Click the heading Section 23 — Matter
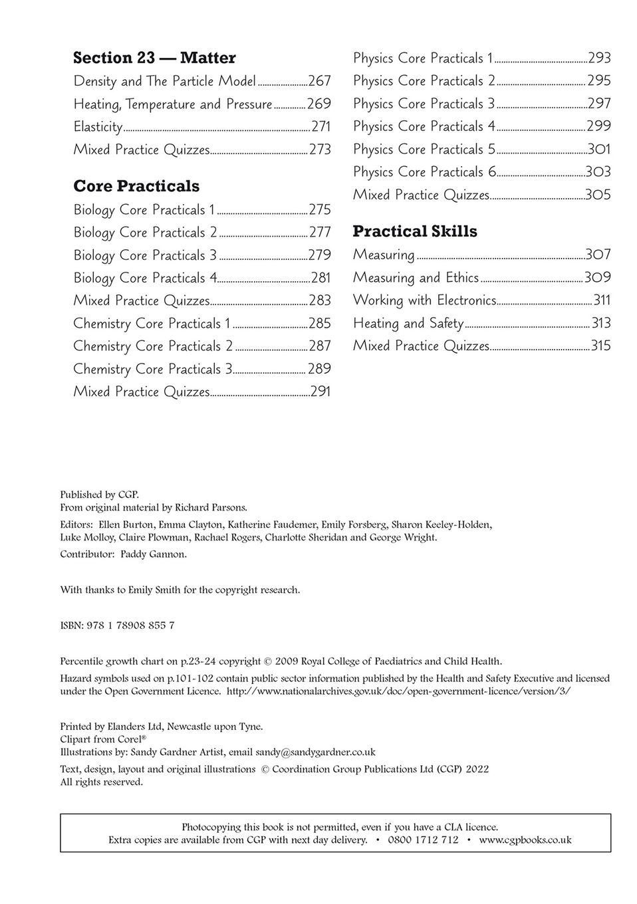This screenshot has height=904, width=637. (x=154, y=58)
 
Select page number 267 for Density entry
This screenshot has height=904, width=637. (x=319, y=81)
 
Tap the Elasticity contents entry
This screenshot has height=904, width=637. (x=98, y=126)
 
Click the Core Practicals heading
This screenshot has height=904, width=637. (x=136, y=186)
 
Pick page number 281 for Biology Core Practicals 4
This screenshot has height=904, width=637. (x=320, y=278)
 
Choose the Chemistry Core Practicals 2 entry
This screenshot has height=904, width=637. (x=153, y=346)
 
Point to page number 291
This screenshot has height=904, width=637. (x=320, y=392)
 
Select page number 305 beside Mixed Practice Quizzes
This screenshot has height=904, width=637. (x=598, y=195)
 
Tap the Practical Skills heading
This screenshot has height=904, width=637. (x=415, y=231)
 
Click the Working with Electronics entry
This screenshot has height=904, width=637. (x=424, y=300)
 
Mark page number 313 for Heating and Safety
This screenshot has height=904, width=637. (x=601, y=323)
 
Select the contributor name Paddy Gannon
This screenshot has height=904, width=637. (x=153, y=554)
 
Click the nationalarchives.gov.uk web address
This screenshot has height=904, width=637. (x=399, y=691)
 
